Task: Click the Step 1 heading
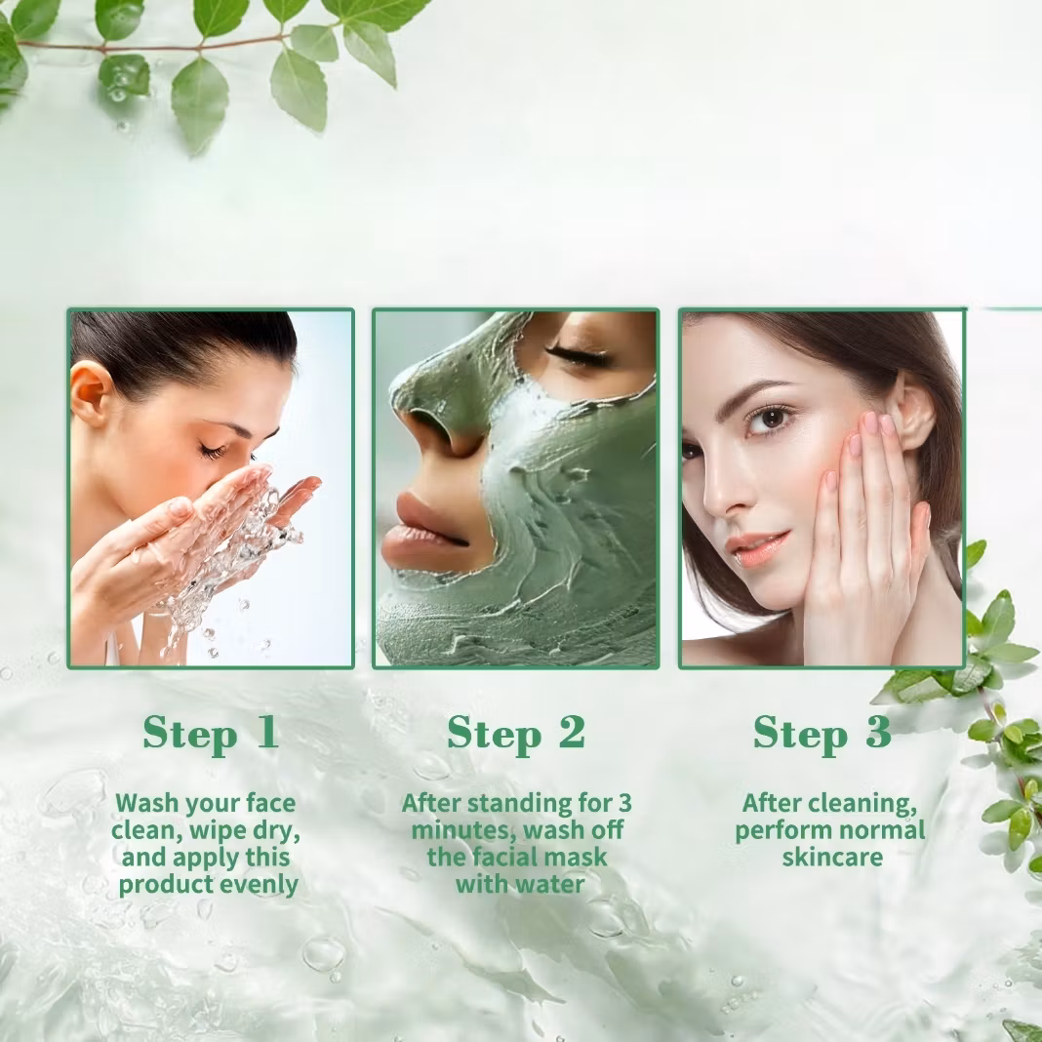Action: coord(211,733)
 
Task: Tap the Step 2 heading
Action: coord(516,733)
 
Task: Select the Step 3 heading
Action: coord(822,733)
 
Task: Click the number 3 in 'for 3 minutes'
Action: coord(624,803)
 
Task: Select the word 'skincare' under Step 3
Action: coord(832,858)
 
